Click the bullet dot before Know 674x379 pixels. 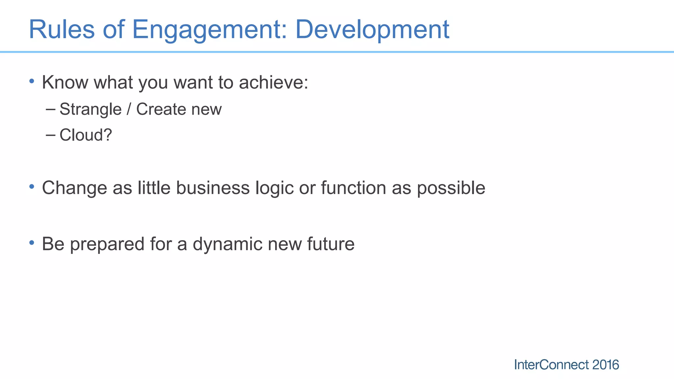[32, 81]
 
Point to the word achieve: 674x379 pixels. [273, 82]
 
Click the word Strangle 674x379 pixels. [91, 110]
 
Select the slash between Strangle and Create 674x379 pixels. [129, 109]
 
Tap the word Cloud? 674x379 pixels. [86, 135]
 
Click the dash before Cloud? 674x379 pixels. [51, 135]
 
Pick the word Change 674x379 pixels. [74, 189]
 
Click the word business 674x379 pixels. [213, 188]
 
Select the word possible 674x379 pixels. [451, 189]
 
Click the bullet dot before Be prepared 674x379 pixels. [32, 243]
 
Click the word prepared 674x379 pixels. [107, 244]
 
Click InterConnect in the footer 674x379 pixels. [551, 365]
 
